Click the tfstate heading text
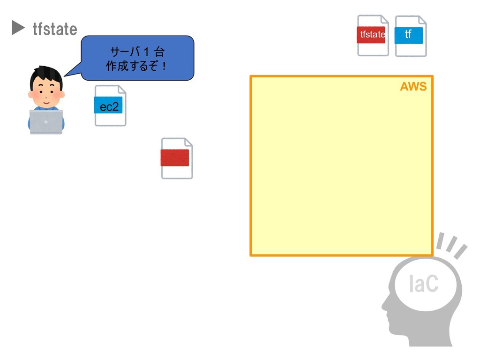tap(54, 29)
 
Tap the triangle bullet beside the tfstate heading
tap(18, 28)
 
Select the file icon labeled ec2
tap(110, 106)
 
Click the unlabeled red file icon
tap(176, 158)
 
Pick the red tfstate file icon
tap(372, 35)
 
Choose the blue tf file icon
tap(410, 35)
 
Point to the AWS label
tap(413, 87)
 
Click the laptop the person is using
tap(46, 121)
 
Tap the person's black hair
tap(45, 75)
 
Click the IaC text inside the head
tap(423, 284)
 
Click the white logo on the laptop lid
tap(46, 121)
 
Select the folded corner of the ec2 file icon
tap(121, 90)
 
